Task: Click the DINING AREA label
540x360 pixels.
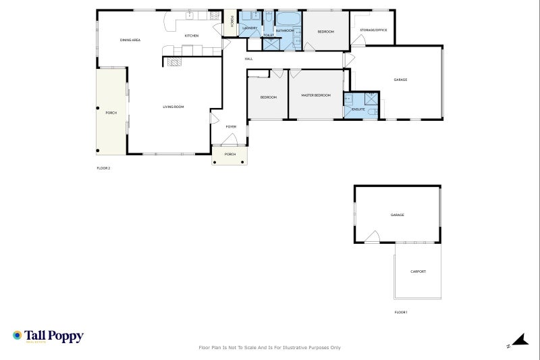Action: [x=130, y=41]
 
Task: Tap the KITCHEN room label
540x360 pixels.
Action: [x=192, y=36]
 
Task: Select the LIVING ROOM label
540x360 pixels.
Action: [x=173, y=107]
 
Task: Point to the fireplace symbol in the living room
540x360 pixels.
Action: [x=173, y=61]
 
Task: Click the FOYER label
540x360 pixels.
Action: [x=231, y=126]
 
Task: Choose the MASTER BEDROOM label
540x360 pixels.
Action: [x=316, y=95]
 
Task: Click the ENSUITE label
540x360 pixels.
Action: [x=358, y=109]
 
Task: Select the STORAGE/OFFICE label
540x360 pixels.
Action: [x=373, y=30]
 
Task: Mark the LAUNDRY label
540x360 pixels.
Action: [x=250, y=28]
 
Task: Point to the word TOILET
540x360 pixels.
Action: [x=268, y=34]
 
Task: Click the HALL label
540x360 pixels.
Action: [x=248, y=59]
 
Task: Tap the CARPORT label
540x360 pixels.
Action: [x=418, y=272]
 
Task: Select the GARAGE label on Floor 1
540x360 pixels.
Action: [x=397, y=215]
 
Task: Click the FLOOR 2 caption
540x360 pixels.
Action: [x=103, y=168]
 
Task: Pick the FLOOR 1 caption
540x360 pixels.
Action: [x=401, y=312]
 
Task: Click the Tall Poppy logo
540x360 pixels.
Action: [x=47, y=336]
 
